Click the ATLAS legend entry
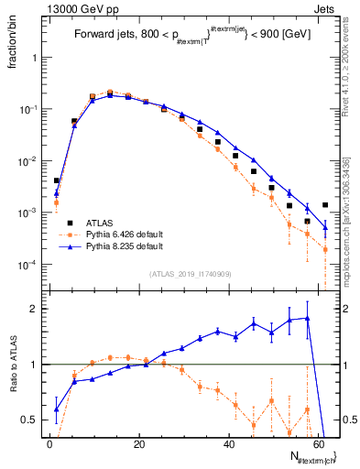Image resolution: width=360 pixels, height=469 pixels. [x=104, y=222]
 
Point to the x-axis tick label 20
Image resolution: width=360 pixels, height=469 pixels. [x=138, y=444]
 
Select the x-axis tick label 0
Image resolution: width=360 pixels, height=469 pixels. [x=49, y=444]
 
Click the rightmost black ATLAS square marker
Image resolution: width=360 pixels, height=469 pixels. [x=325, y=205]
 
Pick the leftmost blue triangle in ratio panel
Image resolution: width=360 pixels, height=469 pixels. [x=57, y=409]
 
